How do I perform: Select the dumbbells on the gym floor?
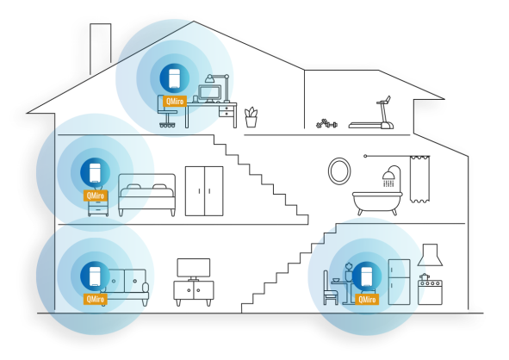[326, 124]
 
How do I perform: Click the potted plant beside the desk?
[251, 117]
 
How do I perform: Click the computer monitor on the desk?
[209, 93]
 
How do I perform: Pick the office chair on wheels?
[167, 112]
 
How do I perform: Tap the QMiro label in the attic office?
[175, 102]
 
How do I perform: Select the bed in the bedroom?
[146, 195]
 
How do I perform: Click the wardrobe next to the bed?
[204, 191]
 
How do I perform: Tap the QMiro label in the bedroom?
[96, 196]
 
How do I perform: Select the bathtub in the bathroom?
[377, 202]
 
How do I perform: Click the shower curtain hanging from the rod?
[419, 179]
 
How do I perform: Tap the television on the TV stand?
[194, 269]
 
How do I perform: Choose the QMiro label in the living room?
[96, 299]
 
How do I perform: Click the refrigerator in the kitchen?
[400, 282]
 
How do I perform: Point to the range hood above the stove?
[430, 255]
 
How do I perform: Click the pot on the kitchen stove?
[425, 277]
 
